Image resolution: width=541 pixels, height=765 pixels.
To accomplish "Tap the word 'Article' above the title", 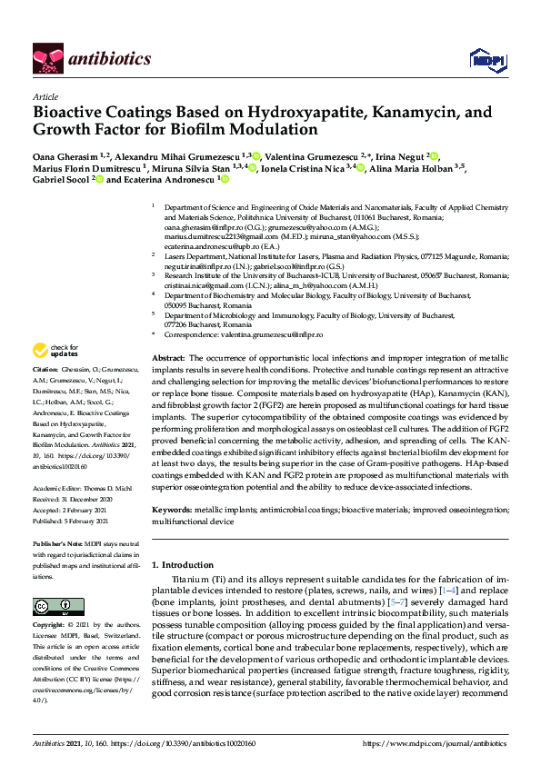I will point(45,97).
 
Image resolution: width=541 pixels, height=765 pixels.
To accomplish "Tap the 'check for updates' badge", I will point(55,351).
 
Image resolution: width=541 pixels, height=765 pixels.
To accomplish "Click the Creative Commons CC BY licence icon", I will point(52,606).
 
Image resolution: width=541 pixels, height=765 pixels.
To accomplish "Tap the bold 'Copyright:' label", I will point(48,627).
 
